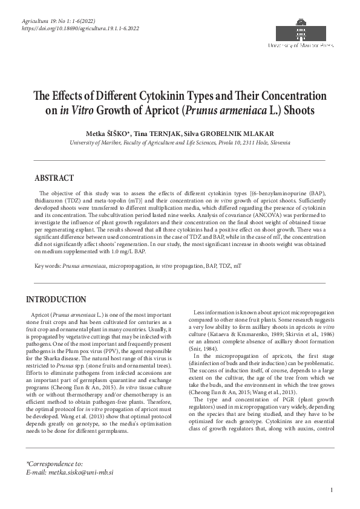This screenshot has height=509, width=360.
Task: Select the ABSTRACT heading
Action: (54, 178)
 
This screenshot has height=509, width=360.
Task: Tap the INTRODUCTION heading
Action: (56, 299)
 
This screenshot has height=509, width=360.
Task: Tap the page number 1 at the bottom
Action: (332, 490)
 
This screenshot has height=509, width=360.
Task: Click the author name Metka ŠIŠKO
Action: (110, 133)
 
